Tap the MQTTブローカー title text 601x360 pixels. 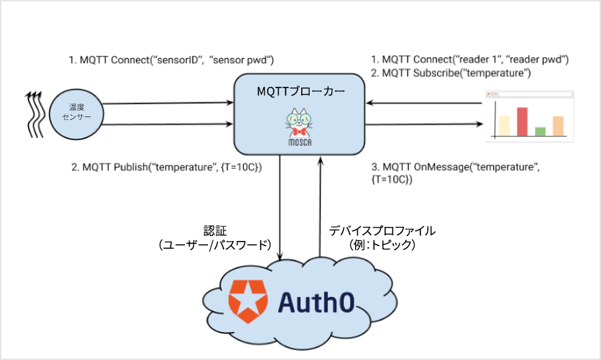tap(300, 91)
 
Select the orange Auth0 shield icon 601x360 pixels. tap(244, 301)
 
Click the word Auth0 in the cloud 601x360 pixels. tap(316, 302)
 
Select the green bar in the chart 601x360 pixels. tap(540, 131)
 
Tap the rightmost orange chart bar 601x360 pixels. tap(558, 125)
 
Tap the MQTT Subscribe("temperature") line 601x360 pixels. tap(450, 73)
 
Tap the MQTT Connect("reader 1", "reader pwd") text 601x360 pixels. tap(469, 60)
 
